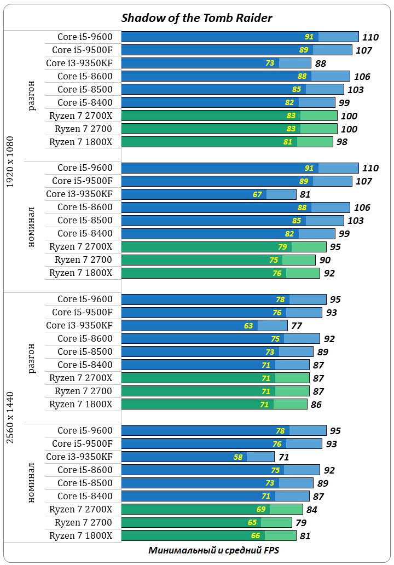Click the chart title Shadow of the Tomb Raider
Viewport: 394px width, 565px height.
196,18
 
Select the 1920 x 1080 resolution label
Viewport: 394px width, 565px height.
10,162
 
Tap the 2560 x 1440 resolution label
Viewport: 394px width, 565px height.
10,417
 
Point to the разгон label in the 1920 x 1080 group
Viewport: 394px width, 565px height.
32,95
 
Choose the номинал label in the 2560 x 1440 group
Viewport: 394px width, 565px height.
32,482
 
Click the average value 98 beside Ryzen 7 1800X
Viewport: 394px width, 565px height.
342,142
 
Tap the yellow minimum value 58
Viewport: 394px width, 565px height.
238,457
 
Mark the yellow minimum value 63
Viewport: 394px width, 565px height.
248,326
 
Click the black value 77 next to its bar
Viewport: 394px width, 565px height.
297,326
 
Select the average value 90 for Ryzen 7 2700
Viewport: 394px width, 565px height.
325,260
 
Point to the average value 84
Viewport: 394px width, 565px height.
312,510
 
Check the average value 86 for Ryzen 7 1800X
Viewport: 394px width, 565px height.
316,405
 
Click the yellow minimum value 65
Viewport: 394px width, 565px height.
252,522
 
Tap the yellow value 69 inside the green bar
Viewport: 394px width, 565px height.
261,509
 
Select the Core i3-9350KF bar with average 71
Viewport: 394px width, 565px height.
198,457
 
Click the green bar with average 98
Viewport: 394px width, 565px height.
227,142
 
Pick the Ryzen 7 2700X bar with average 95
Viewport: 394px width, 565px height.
223,247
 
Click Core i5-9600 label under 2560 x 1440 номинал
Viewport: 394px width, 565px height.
85,430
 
